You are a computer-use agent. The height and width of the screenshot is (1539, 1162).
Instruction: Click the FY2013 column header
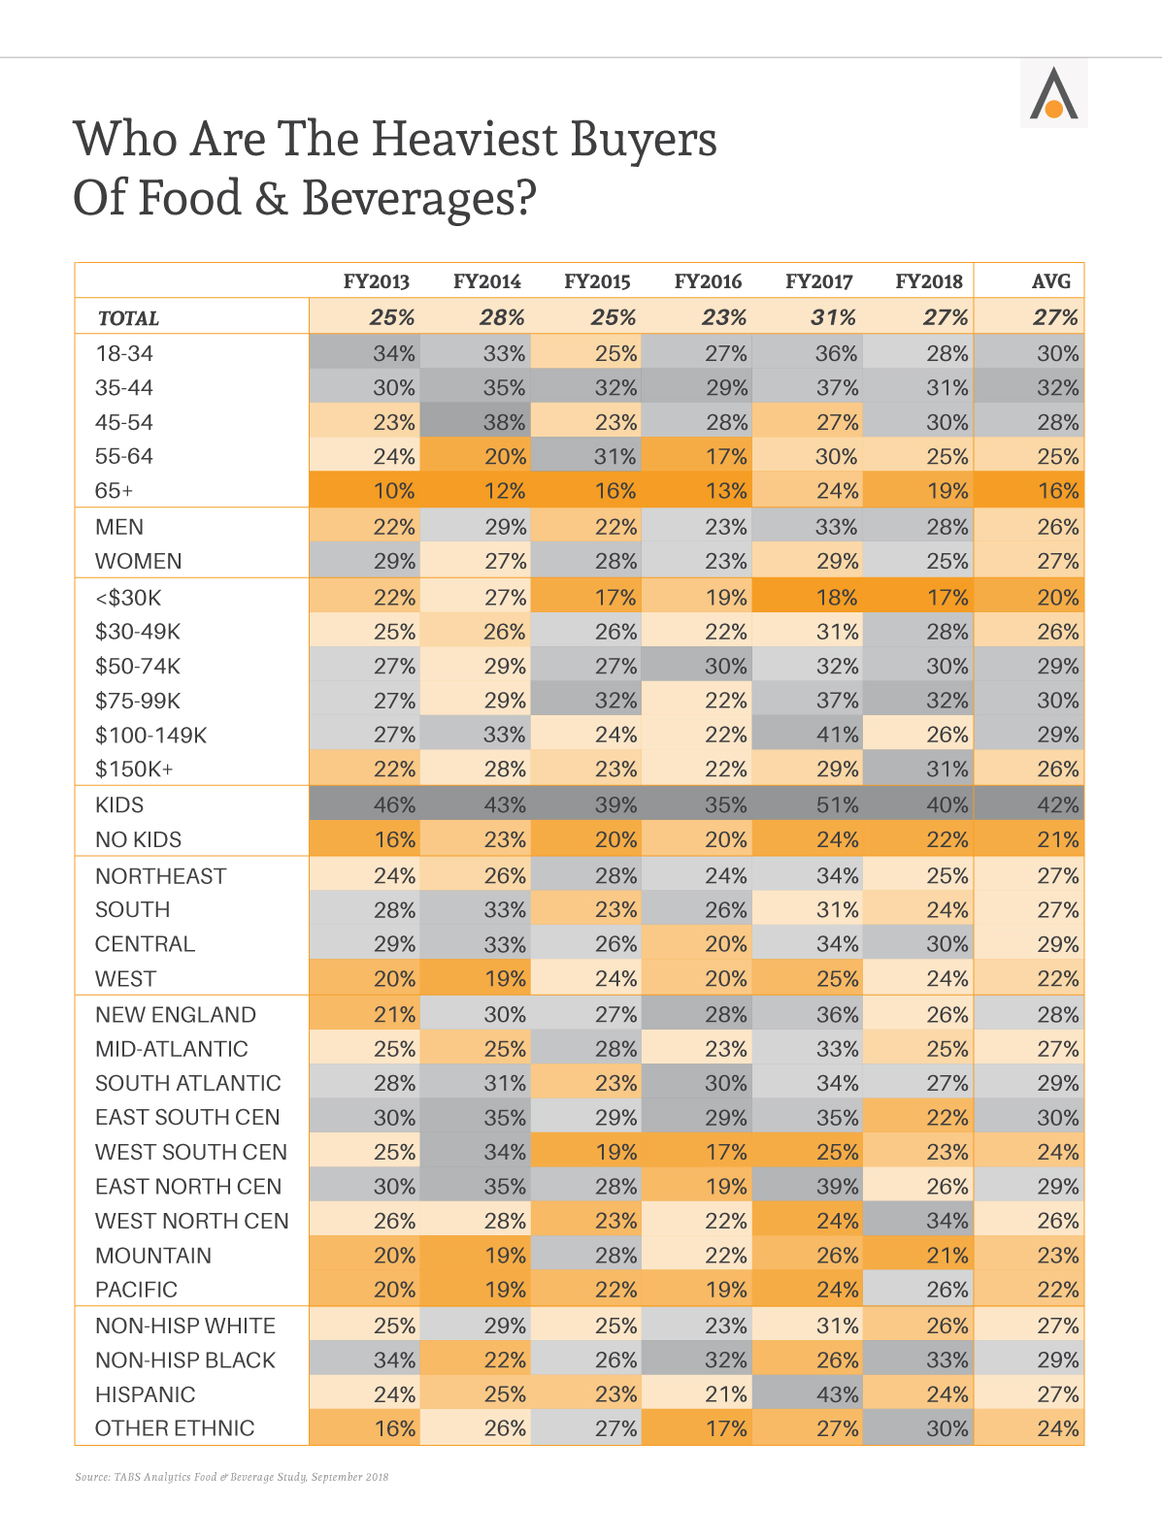376,281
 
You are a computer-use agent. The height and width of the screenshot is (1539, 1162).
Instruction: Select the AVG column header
1050,281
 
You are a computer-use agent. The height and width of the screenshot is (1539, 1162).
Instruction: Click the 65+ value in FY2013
393,490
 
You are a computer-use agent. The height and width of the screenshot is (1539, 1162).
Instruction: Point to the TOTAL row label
128,318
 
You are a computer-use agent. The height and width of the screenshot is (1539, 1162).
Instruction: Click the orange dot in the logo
1053,109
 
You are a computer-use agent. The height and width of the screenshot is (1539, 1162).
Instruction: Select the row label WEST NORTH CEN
191,1221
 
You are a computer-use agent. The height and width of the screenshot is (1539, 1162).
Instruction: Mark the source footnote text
231,1477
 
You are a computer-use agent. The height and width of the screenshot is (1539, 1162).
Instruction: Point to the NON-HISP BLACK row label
185,1359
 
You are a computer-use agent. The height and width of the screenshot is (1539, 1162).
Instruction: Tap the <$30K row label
127,598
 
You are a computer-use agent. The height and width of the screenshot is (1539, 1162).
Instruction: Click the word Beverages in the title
419,198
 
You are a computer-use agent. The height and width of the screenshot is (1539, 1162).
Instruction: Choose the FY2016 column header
708,281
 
